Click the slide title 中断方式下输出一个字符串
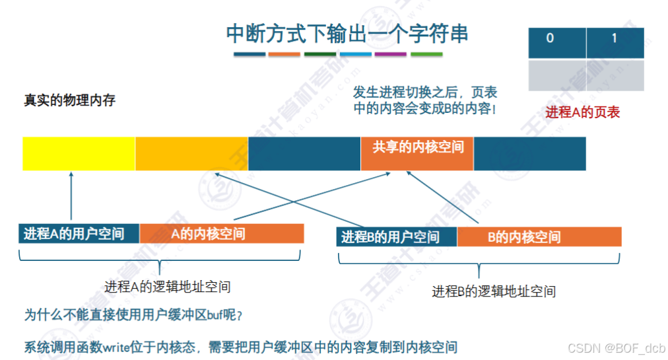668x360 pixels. pos(347,33)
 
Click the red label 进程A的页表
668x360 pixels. pos(582,112)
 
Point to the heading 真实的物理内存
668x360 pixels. pos(69,101)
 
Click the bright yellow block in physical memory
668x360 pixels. pos(79,153)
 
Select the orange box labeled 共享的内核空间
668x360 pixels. pos(417,147)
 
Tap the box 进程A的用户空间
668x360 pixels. pos(79,234)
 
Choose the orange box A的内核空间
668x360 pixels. pos(221,234)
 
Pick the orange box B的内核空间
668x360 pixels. pos(539,237)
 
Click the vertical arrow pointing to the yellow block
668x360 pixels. pos(70,196)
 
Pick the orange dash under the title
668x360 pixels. pos(284,54)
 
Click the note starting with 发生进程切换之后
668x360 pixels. pos(425,100)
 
